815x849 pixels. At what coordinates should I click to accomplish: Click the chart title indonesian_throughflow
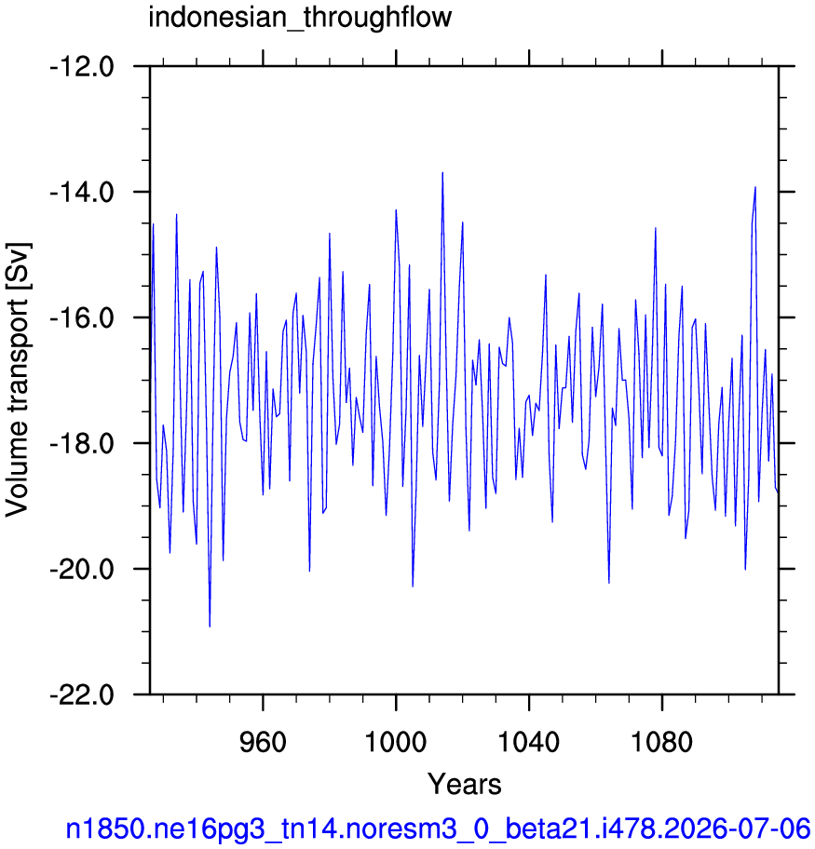[x=300, y=18]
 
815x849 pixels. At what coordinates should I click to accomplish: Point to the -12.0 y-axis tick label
[x=82, y=67]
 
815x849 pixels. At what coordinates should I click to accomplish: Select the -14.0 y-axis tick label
[x=82, y=192]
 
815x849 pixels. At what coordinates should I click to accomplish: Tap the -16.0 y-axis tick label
[x=82, y=317]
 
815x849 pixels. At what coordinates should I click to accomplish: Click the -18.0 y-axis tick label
[x=82, y=443]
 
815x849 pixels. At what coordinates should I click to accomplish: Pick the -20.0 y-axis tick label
[x=82, y=569]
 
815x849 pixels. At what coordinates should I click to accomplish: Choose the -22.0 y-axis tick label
[x=82, y=694]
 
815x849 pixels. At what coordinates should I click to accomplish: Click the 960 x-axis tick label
[x=263, y=742]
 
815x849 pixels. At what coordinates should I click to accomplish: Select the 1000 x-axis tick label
[x=396, y=742]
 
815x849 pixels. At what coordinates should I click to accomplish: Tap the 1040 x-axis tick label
[x=529, y=742]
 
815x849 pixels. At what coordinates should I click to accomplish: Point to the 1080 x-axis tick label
[x=662, y=742]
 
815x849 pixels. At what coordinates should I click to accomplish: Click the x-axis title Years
[x=465, y=784]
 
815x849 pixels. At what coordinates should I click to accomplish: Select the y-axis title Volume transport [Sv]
[x=18, y=379]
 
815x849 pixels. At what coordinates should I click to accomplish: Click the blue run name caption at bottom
[x=438, y=829]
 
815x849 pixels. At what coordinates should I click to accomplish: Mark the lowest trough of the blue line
[x=210, y=627]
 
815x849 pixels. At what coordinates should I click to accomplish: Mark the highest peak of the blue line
[x=442, y=173]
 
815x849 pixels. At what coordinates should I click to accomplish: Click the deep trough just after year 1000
[x=413, y=586]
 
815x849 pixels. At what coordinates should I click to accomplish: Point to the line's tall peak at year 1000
[x=396, y=210]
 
